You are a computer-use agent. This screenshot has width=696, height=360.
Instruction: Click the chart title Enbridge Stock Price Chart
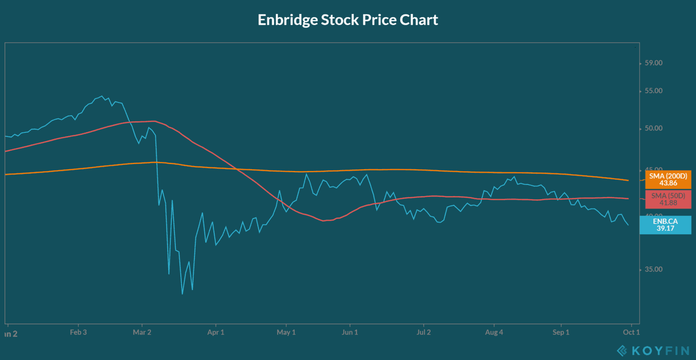point(348,20)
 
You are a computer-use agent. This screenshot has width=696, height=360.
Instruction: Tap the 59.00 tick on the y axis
point(653,63)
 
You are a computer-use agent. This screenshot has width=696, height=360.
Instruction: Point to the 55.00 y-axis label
point(653,91)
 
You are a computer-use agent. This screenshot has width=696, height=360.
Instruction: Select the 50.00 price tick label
point(653,128)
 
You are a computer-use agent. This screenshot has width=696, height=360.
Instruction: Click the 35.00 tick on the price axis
point(653,269)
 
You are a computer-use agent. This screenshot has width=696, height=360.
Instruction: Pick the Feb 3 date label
point(78,332)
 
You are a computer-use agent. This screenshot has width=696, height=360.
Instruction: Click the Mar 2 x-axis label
point(142,332)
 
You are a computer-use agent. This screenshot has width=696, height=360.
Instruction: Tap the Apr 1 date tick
point(216,332)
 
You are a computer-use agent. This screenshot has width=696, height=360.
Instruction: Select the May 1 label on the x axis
point(286,332)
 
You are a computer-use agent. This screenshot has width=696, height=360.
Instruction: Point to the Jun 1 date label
point(350,332)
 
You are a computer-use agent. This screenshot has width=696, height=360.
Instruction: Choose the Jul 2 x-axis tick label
point(424,332)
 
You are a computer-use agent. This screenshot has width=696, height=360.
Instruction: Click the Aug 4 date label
point(494,332)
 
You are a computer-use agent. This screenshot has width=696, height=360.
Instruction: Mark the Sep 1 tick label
point(561,332)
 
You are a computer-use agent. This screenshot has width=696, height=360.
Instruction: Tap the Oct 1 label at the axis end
point(631,332)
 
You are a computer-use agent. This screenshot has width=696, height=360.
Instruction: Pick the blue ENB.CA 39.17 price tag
point(665,225)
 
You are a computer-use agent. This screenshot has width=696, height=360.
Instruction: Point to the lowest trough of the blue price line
point(182,294)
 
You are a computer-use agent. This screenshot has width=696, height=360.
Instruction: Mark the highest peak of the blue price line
point(102,96)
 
